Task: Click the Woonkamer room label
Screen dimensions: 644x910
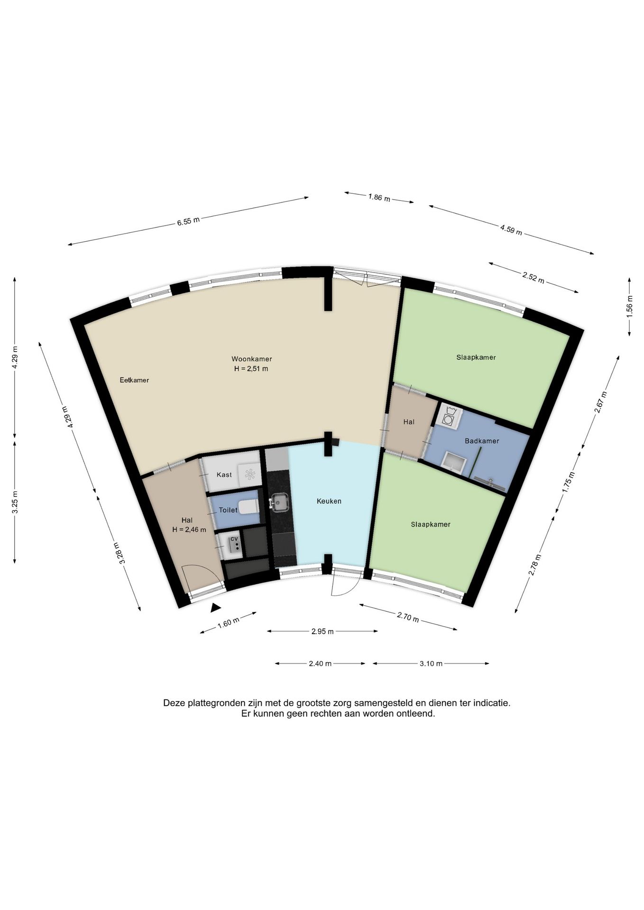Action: coord(251,359)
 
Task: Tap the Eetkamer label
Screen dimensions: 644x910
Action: coord(134,380)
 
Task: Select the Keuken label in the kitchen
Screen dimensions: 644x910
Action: coord(329,501)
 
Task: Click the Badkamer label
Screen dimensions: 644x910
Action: coord(482,441)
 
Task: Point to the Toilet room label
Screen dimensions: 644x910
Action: coord(228,510)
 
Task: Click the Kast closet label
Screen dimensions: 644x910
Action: coord(224,474)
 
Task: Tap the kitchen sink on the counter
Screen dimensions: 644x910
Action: coord(279,502)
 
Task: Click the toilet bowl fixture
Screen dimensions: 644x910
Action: coord(248,508)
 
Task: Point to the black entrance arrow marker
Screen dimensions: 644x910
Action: coord(216,607)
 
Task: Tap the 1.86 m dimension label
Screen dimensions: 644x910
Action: coord(379,198)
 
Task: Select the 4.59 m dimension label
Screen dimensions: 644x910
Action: coord(511,230)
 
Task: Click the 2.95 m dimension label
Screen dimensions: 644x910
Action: coord(322,631)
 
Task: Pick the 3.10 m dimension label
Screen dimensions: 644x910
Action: coord(431,664)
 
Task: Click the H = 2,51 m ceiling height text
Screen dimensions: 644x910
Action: coord(251,369)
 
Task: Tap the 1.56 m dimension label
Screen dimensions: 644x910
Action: coord(629,306)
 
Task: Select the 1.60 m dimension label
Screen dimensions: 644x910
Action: coord(228,623)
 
